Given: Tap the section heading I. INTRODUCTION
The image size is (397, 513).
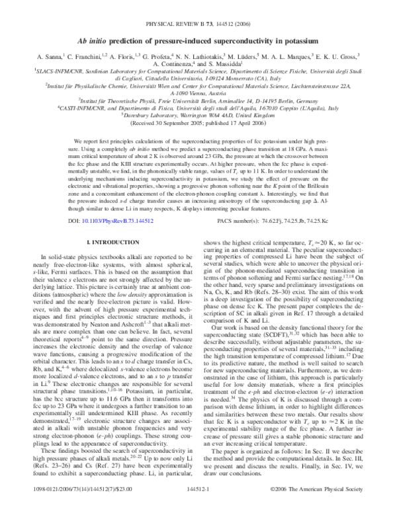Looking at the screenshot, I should tap(110, 225).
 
